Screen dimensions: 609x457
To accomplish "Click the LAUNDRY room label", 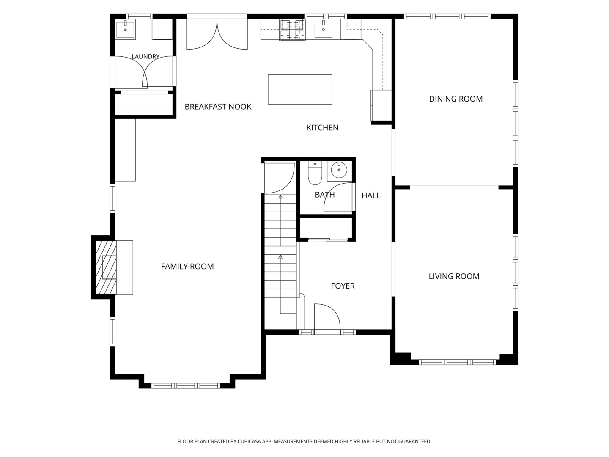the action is pyautogui.click(x=145, y=57).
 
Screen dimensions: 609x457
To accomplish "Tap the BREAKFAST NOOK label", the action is pyautogui.click(x=218, y=107).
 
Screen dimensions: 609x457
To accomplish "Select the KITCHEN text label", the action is pyautogui.click(x=322, y=128).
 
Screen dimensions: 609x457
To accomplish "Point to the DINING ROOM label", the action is pyautogui.click(x=455, y=99).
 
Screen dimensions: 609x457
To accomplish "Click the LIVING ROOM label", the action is pyautogui.click(x=454, y=276).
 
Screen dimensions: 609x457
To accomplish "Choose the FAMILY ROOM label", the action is pyautogui.click(x=187, y=267).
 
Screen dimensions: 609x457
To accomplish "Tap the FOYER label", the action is pyautogui.click(x=343, y=286).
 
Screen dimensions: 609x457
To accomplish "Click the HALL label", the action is pyautogui.click(x=371, y=195).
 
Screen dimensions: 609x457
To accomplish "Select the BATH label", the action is pyautogui.click(x=325, y=195).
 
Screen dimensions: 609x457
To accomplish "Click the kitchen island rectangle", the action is pyautogui.click(x=300, y=89).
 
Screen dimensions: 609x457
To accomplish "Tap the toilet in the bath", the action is pyautogui.click(x=315, y=173).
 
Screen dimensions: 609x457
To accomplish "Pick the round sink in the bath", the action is pyautogui.click(x=339, y=170).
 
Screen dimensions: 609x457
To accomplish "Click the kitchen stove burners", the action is pyautogui.click(x=293, y=30).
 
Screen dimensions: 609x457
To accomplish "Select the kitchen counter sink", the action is pyautogui.click(x=323, y=29).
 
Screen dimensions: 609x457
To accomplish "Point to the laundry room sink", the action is pyautogui.click(x=125, y=29).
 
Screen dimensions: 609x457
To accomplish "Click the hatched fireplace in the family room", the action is pyautogui.click(x=106, y=267).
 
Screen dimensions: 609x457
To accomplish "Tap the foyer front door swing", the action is pyautogui.click(x=327, y=317).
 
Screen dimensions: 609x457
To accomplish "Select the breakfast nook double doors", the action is pyautogui.click(x=217, y=34).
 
